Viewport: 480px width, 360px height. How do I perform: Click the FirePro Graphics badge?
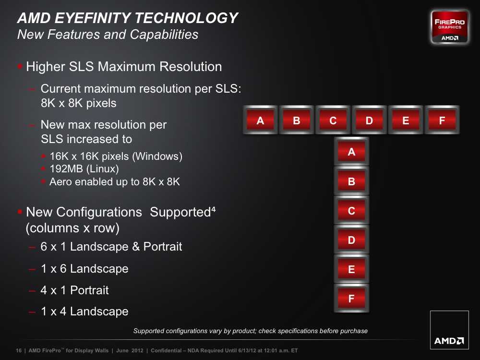(449, 27)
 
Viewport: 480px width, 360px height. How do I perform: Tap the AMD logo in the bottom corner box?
(449, 341)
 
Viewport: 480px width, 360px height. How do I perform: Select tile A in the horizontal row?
(260, 120)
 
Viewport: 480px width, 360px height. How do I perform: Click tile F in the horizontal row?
(442, 120)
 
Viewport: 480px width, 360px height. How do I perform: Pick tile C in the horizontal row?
(333, 120)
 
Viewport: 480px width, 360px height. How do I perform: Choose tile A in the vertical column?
(351, 151)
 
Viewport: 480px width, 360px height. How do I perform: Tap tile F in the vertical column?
(351, 298)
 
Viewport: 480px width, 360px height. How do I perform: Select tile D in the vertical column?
(351, 240)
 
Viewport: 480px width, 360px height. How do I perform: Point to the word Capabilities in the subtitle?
(164, 34)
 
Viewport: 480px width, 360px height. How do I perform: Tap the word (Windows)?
(157, 156)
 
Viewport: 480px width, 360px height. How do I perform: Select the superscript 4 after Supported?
(214, 209)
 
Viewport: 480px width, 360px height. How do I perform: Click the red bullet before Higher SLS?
(20, 66)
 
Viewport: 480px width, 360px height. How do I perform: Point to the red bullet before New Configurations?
(20, 212)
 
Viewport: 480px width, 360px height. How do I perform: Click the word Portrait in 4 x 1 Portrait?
(89, 290)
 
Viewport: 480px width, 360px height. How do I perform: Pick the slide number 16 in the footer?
(19, 350)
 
